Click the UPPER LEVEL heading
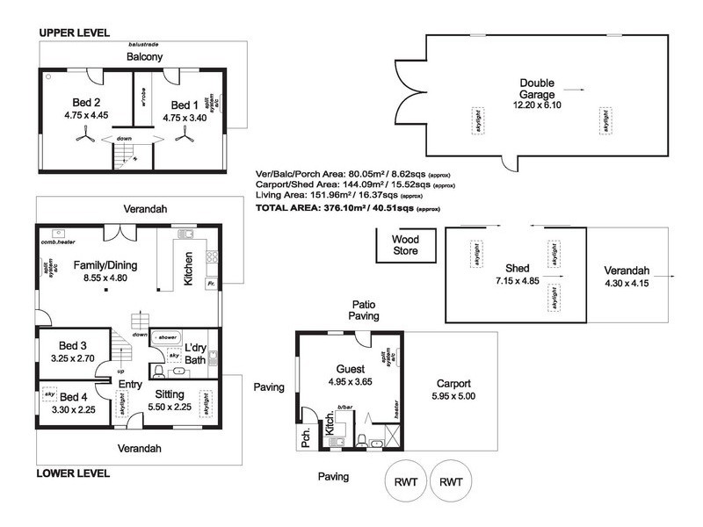(75, 32)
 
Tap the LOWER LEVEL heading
(75, 473)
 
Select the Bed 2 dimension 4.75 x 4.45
(86, 114)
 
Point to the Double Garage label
(536, 89)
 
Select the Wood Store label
(405, 245)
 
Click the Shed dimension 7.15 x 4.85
(517, 282)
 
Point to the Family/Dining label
(104, 264)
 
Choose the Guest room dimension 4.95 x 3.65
(350, 382)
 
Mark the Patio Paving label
(363, 308)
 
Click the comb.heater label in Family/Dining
(59, 242)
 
